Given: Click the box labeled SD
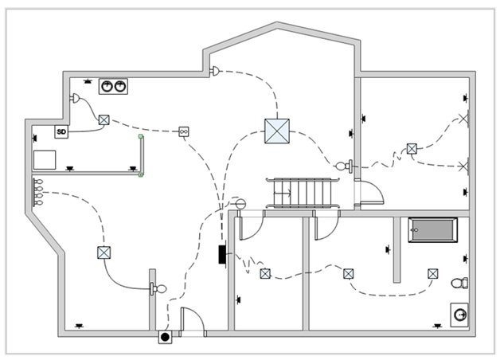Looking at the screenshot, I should point(61,131).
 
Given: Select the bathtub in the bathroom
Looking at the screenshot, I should point(433,230).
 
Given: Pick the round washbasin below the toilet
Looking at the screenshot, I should point(460,315).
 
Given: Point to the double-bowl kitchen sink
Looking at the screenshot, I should point(113,86).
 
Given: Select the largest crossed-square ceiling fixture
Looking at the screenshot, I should point(276,131).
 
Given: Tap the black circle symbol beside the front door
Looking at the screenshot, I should point(165,337).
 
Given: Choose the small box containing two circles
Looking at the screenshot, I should point(184,131).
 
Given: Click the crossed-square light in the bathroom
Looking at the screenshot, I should point(432,273).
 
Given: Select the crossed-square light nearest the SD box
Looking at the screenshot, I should point(104,120).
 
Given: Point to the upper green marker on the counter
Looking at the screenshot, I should point(141,137).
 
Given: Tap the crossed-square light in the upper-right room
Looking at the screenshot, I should point(412,148).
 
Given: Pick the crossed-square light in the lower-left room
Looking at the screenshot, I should point(104,252).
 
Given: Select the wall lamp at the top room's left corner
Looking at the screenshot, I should point(214,71).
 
